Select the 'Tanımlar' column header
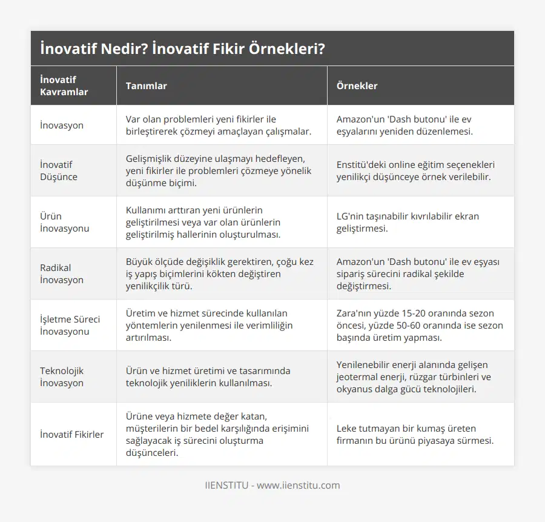point(146,85)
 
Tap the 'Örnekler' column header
point(356,85)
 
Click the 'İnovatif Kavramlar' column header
point(64,85)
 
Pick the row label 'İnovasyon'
point(62,125)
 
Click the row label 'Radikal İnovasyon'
point(62,273)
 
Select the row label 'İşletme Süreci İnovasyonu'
point(70,325)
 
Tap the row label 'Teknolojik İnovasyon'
point(62,376)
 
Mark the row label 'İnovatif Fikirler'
point(71,434)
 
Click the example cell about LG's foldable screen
point(403,222)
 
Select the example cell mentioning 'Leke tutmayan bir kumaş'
point(415,434)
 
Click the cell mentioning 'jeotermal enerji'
point(414,376)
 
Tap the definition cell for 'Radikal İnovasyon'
point(220,273)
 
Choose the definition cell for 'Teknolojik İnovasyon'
point(208,376)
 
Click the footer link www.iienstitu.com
point(298,485)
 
